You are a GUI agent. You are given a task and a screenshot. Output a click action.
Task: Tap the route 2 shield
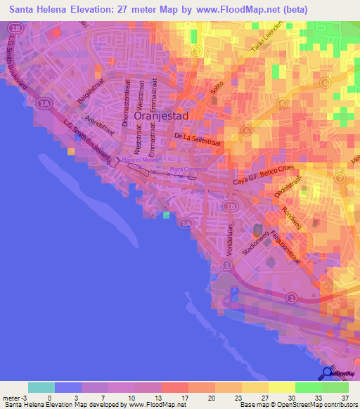click(197, 51)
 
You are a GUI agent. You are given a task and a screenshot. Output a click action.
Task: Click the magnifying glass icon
click(326, 373)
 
